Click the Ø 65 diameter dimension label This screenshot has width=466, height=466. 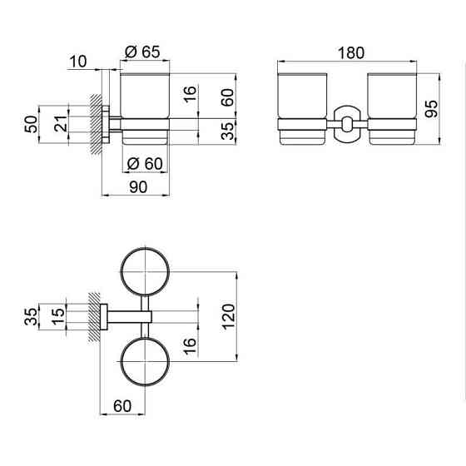[142, 52]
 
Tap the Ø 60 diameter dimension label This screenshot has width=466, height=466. [145, 163]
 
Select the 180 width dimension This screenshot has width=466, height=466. [351, 53]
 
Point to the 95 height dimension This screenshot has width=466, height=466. [431, 109]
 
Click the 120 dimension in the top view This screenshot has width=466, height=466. [229, 316]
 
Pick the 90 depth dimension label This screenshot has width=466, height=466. [138, 187]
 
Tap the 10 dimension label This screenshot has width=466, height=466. [78, 62]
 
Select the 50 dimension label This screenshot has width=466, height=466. [32, 124]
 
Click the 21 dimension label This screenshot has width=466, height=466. [61, 124]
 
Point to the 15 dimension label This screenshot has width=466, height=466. [58, 316]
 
